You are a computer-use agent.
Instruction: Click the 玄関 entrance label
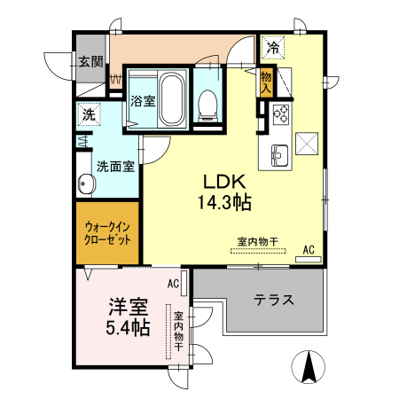[90, 62]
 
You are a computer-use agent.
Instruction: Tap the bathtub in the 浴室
[171, 99]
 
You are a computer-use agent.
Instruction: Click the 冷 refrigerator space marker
[273, 47]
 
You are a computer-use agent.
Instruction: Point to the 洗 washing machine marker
[89, 113]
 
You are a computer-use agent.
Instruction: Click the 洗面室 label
[114, 166]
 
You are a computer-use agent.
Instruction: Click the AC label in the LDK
[309, 250]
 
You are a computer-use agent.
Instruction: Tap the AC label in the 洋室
[173, 284]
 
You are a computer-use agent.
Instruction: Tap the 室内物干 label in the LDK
[258, 241]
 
